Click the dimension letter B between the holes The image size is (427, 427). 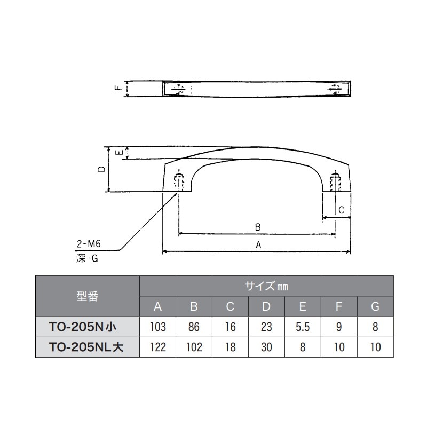[257, 227]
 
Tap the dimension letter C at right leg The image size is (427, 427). [341, 211]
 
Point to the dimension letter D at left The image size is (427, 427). [101, 169]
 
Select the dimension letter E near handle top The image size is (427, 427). [121, 153]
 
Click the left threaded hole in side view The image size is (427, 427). [180, 181]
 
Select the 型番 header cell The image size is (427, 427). [88, 296]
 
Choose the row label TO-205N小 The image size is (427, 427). [88, 326]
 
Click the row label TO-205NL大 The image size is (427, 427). [88, 347]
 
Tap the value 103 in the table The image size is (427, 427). [158, 326]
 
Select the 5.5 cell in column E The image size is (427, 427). [303, 326]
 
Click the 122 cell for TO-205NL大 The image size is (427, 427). [158, 347]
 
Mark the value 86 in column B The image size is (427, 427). [194, 326]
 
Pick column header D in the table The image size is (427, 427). [266, 306]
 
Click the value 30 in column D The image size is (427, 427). [266, 347]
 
